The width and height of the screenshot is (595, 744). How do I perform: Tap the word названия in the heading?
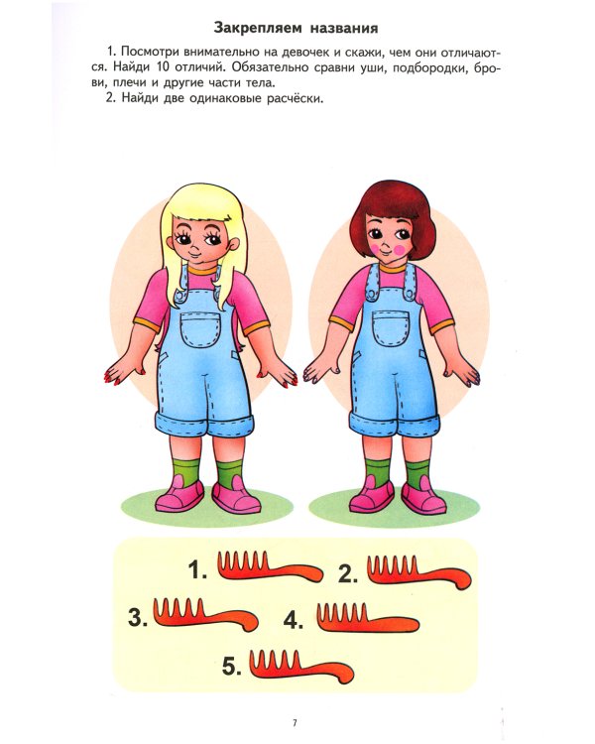point(344,28)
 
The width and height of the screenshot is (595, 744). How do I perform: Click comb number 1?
point(269,567)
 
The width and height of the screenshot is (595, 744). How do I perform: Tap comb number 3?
point(205,614)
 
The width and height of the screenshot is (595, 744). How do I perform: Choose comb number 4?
point(368,617)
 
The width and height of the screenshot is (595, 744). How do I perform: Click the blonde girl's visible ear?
point(233,245)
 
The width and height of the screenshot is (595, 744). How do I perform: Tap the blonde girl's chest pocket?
point(200,328)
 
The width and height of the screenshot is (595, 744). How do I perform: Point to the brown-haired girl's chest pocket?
point(391,327)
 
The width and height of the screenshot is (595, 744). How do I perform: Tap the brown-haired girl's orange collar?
point(393,267)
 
